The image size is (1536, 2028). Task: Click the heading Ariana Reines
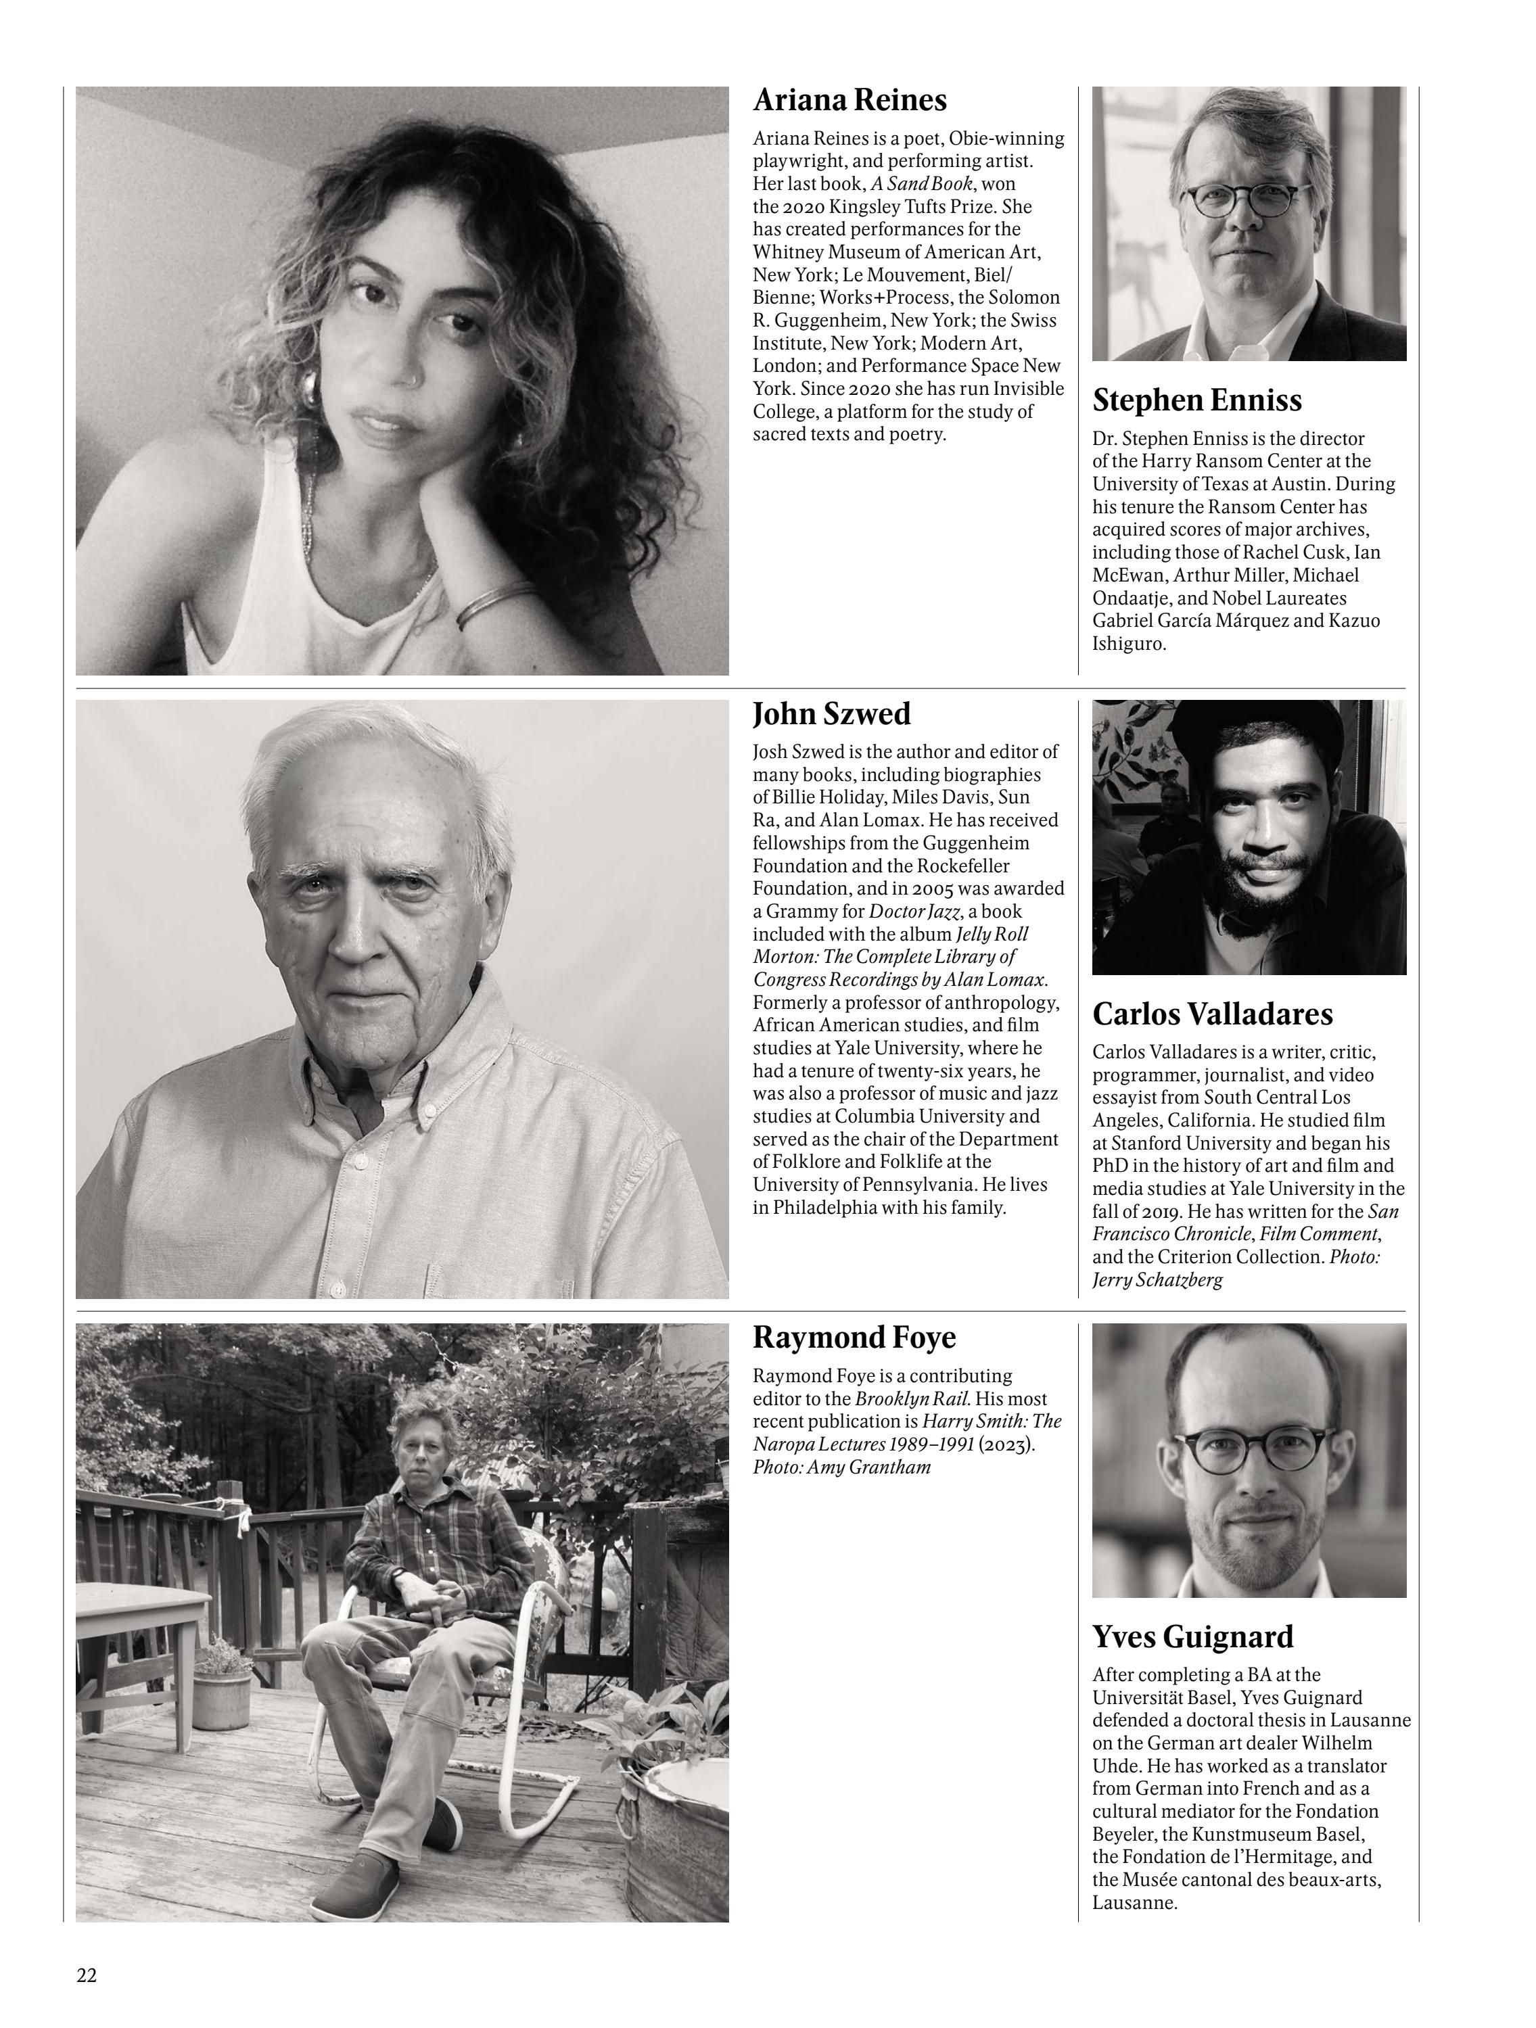tap(849, 100)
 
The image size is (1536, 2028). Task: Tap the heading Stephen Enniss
tap(1196, 400)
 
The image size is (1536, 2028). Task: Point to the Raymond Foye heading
tap(854, 1338)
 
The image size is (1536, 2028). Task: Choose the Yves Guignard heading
tap(1192, 1636)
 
